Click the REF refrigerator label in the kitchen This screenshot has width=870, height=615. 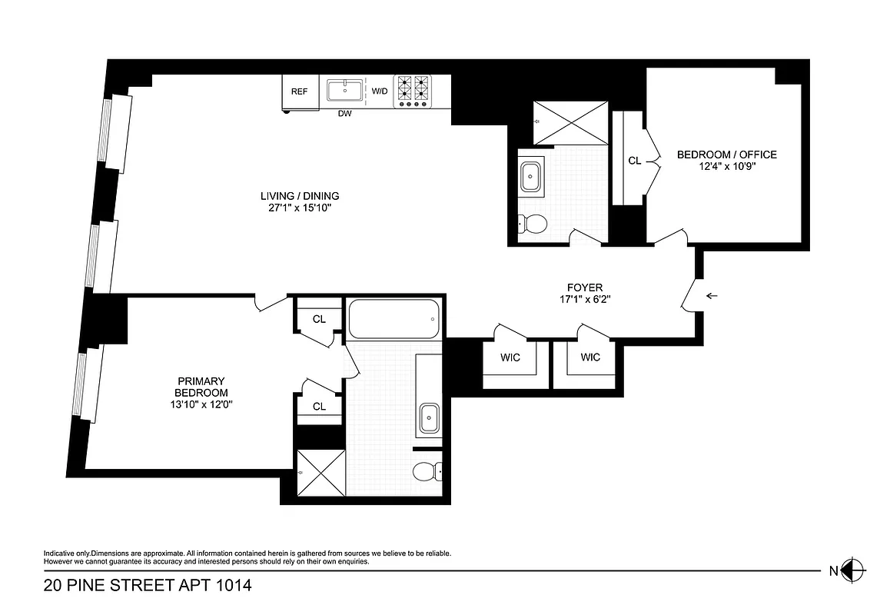[299, 91]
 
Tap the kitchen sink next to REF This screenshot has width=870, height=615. [345, 91]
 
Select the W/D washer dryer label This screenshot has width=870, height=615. [380, 91]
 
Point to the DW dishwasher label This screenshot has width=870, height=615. [345, 115]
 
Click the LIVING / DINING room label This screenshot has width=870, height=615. [300, 195]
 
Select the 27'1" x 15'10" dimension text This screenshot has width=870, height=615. [300, 208]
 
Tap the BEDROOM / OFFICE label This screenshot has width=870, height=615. [726, 155]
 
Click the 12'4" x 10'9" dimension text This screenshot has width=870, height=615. [726, 167]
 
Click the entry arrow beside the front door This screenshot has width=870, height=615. [712, 295]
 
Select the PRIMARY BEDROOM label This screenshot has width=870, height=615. [201, 387]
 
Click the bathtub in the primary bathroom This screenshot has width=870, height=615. [394, 319]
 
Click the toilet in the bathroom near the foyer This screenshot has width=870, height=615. [533, 224]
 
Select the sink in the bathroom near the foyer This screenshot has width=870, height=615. [530, 177]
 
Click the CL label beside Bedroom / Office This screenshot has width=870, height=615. [634, 161]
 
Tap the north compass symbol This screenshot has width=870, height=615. [850, 570]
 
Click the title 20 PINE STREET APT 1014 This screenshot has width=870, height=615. [148, 587]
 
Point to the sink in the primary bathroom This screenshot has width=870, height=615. [428, 419]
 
